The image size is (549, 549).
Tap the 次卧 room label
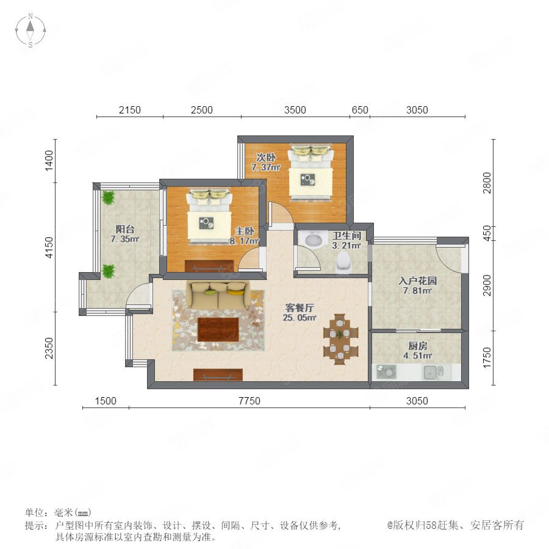(266, 157)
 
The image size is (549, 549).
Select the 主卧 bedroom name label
(245, 231)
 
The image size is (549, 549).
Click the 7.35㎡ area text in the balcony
(125, 239)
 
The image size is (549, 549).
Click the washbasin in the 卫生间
(314, 240)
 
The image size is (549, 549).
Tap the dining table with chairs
(340, 339)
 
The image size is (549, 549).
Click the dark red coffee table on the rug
(218, 329)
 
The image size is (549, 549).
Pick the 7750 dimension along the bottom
(249, 401)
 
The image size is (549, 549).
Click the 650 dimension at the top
(359, 110)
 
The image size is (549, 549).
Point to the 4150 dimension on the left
(49, 247)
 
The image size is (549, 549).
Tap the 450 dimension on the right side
(487, 233)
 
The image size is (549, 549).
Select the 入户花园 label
(417, 281)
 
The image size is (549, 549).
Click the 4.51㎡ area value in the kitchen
(418, 356)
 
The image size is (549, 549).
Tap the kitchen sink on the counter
(434, 373)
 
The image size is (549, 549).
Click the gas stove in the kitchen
(386, 372)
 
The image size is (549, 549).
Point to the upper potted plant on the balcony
(108, 198)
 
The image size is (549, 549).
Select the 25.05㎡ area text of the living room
(300, 318)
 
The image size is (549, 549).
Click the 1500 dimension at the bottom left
(106, 401)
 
